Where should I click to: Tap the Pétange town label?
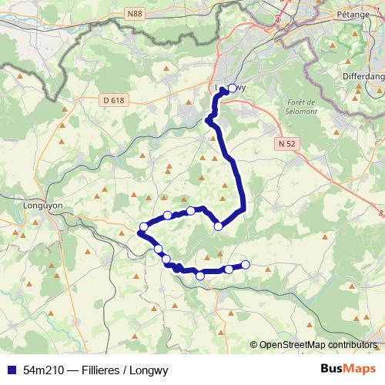coord(355,14)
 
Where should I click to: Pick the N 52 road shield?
coord(286,143)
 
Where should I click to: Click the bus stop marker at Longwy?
coord(233,88)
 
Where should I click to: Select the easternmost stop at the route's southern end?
coord(246,265)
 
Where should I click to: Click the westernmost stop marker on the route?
coord(143,226)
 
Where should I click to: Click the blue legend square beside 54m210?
coord(8,370)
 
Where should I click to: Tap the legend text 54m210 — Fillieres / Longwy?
coord(95,370)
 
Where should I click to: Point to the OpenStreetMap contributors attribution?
coord(317,346)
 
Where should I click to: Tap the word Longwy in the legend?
coord(150,370)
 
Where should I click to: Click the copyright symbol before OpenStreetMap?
coord(254,346)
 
